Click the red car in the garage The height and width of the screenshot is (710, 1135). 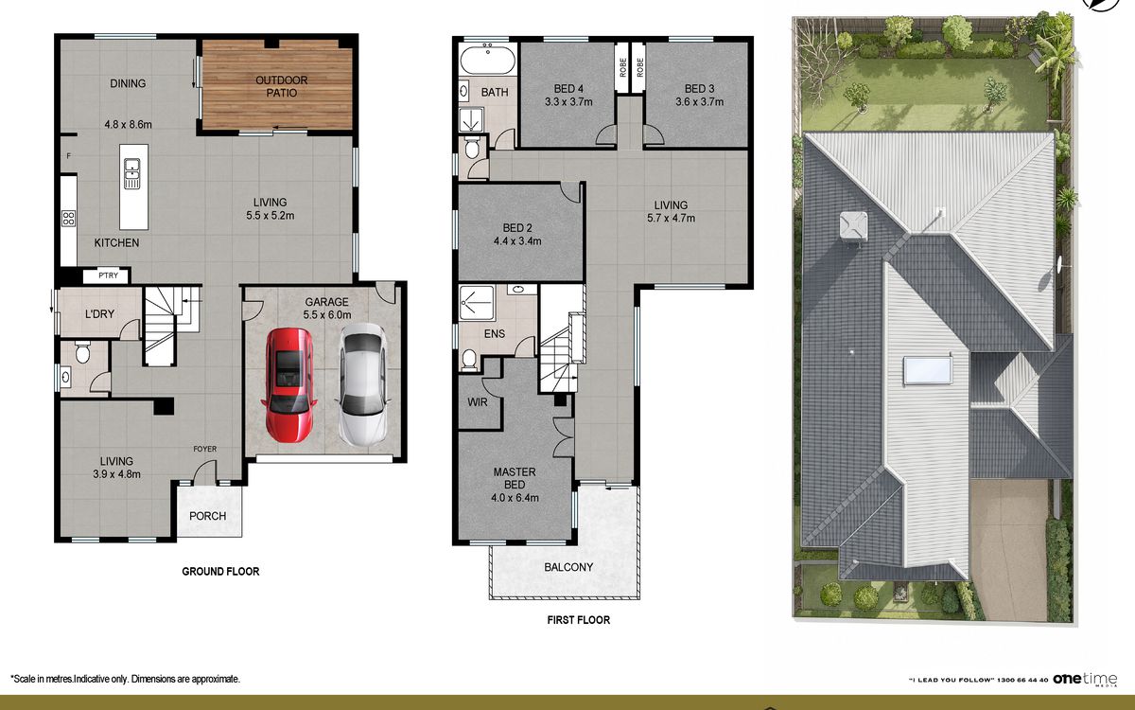coord(288,385)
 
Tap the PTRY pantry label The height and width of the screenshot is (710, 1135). coord(109,275)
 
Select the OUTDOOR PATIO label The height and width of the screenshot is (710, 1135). coord(281,87)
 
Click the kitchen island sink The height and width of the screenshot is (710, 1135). coord(131,173)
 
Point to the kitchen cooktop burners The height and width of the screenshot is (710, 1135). coord(68,219)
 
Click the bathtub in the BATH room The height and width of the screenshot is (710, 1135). coord(487,59)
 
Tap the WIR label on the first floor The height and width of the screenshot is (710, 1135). coord(478,402)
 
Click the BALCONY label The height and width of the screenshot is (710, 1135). coord(568,567)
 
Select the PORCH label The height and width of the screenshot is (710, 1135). coord(207,516)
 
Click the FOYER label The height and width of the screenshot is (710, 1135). coord(204,449)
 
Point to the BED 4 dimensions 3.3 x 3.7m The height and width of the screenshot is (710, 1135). coord(568,102)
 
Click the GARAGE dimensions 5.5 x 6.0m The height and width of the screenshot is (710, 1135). coord(327,315)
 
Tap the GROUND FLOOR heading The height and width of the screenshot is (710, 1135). coord(220,572)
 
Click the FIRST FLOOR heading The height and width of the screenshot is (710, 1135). coord(579,620)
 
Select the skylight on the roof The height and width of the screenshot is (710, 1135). coord(928,370)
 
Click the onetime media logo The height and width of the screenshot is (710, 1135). coord(1085,679)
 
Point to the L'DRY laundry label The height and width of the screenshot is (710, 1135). coord(99,314)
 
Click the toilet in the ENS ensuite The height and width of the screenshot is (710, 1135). coord(469,360)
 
